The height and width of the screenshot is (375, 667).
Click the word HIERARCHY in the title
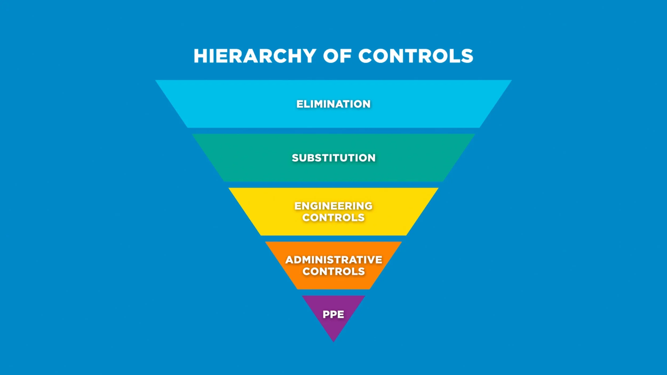(x=255, y=56)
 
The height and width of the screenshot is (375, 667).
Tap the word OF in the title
(x=337, y=56)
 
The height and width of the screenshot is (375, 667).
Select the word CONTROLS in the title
(x=416, y=56)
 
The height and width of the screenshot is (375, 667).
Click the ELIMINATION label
(x=333, y=104)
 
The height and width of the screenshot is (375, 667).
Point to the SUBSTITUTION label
(x=333, y=158)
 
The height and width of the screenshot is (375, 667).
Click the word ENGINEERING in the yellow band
(x=333, y=206)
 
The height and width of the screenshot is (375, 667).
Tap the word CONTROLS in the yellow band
(x=333, y=218)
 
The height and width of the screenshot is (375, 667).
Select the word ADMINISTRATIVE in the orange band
(x=333, y=260)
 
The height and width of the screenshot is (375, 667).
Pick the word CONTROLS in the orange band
(x=333, y=272)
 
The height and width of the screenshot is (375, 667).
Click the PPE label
(x=333, y=314)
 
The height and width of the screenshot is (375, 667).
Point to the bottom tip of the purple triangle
(x=333, y=341)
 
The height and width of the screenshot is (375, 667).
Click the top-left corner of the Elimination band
(x=156, y=81)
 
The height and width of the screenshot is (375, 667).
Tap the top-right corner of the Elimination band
(x=511, y=81)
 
